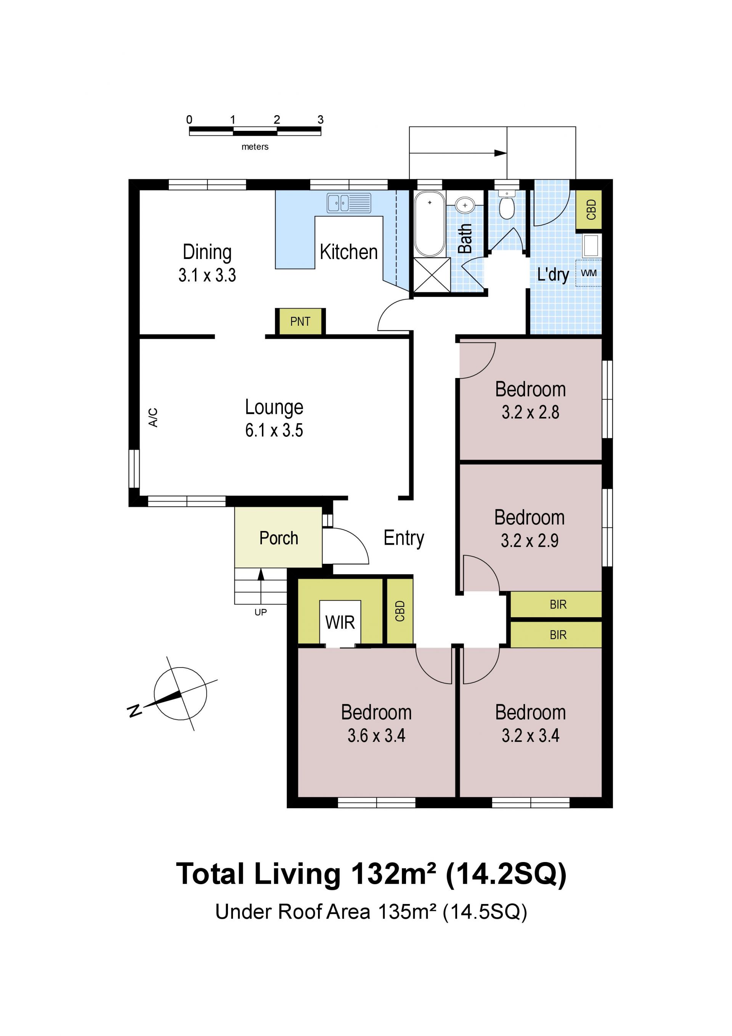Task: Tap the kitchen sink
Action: click(x=348, y=203)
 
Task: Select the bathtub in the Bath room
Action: click(x=429, y=224)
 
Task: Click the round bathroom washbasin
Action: click(x=464, y=205)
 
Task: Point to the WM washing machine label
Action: click(x=588, y=273)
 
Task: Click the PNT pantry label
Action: click(x=300, y=322)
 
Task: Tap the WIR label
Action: click(x=340, y=623)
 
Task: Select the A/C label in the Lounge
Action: click(x=153, y=417)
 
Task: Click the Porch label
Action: click(x=279, y=538)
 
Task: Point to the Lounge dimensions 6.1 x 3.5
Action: click(x=274, y=431)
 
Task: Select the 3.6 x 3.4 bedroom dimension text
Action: click(x=376, y=735)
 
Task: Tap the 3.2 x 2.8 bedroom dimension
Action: click(x=530, y=412)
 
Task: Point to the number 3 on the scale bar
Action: click(x=320, y=119)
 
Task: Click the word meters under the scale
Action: click(x=255, y=146)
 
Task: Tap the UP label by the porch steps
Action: click(x=261, y=612)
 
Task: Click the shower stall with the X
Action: click(x=432, y=275)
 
